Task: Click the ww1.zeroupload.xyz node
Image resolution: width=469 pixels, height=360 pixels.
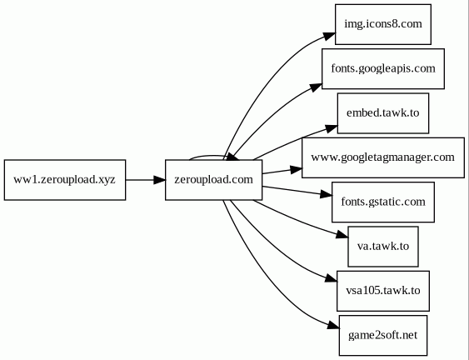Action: click(x=65, y=180)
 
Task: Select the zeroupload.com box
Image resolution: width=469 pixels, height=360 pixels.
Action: click(x=213, y=180)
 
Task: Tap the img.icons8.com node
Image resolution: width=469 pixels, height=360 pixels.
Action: click(x=383, y=24)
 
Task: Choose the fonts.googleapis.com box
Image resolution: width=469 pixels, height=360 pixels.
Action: click(x=383, y=69)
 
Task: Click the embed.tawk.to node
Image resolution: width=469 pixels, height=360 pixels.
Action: click(x=383, y=113)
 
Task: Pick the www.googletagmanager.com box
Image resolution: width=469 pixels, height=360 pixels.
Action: click(x=383, y=157)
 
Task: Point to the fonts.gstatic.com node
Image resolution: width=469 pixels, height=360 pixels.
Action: click(x=383, y=202)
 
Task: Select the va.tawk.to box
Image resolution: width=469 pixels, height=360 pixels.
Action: click(x=383, y=247)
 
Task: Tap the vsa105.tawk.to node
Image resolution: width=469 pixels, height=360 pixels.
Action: click(x=383, y=291)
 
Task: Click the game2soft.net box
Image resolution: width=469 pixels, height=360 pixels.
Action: click(x=383, y=336)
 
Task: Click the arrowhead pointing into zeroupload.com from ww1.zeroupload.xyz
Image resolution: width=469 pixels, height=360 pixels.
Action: click(x=159, y=180)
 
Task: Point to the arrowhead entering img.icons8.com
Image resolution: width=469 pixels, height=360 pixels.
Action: click(x=329, y=37)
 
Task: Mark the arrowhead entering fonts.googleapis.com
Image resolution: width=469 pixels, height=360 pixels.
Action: click(x=316, y=87)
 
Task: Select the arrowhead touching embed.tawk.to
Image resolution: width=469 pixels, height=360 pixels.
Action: click(x=332, y=128)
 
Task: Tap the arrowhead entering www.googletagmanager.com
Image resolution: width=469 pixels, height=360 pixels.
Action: click(x=296, y=169)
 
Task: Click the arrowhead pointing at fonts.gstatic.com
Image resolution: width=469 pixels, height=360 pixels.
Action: click(x=326, y=194)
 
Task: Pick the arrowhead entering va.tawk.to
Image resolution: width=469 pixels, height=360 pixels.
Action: click(x=342, y=235)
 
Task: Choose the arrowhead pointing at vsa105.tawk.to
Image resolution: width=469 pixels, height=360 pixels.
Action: click(x=331, y=279)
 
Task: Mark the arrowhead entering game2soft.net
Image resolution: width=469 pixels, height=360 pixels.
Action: click(x=333, y=326)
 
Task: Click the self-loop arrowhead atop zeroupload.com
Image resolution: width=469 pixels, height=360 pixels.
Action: click(x=233, y=157)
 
